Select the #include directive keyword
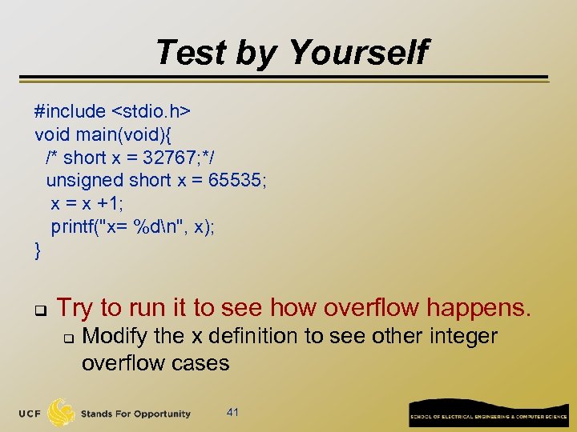coord(70,111)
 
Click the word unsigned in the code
coord(85,181)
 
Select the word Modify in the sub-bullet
coord(114,337)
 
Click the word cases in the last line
coord(201,363)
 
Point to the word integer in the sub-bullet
coord(462,337)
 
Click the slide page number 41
coord(233,412)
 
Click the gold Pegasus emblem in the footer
coord(63,412)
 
